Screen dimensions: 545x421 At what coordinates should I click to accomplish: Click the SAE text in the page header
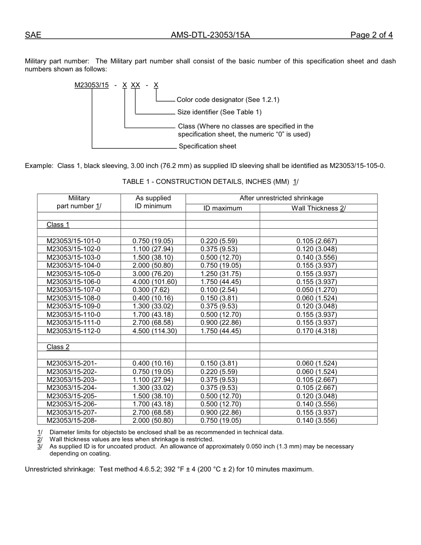click(x=33, y=35)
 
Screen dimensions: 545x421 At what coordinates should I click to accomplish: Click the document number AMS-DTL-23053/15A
click(x=210, y=35)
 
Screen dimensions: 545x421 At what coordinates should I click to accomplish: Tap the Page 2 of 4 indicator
click(x=371, y=35)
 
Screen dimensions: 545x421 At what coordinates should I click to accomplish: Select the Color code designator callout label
click(x=228, y=100)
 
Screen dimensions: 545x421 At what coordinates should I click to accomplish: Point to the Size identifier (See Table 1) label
click(x=219, y=112)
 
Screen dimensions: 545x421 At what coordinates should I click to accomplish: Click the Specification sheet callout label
click(x=207, y=146)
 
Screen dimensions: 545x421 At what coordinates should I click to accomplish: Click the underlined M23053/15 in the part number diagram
click(x=92, y=85)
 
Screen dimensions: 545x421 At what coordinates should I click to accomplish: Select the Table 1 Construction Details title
click(x=210, y=182)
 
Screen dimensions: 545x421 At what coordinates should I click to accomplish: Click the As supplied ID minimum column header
click(x=153, y=202)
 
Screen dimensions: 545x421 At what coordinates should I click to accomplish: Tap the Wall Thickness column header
click(x=318, y=208)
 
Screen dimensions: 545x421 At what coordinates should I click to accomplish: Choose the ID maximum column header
click(x=222, y=208)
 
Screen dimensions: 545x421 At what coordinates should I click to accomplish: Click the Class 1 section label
click(x=58, y=225)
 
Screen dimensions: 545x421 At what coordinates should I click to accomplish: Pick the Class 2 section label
click(x=58, y=347)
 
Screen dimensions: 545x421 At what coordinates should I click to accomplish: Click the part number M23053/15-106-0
click(x=74, y=282)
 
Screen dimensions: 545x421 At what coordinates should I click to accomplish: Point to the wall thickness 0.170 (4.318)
click(x=316, y=331)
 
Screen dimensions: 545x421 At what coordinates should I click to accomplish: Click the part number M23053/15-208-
click(x=72, y=420)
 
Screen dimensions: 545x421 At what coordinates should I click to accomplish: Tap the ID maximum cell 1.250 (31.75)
click(x=221, y=274)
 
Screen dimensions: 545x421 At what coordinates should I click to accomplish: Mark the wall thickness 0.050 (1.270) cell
click(x=316, y=290)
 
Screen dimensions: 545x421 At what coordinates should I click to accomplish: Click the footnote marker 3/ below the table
click(x=40, y=447)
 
